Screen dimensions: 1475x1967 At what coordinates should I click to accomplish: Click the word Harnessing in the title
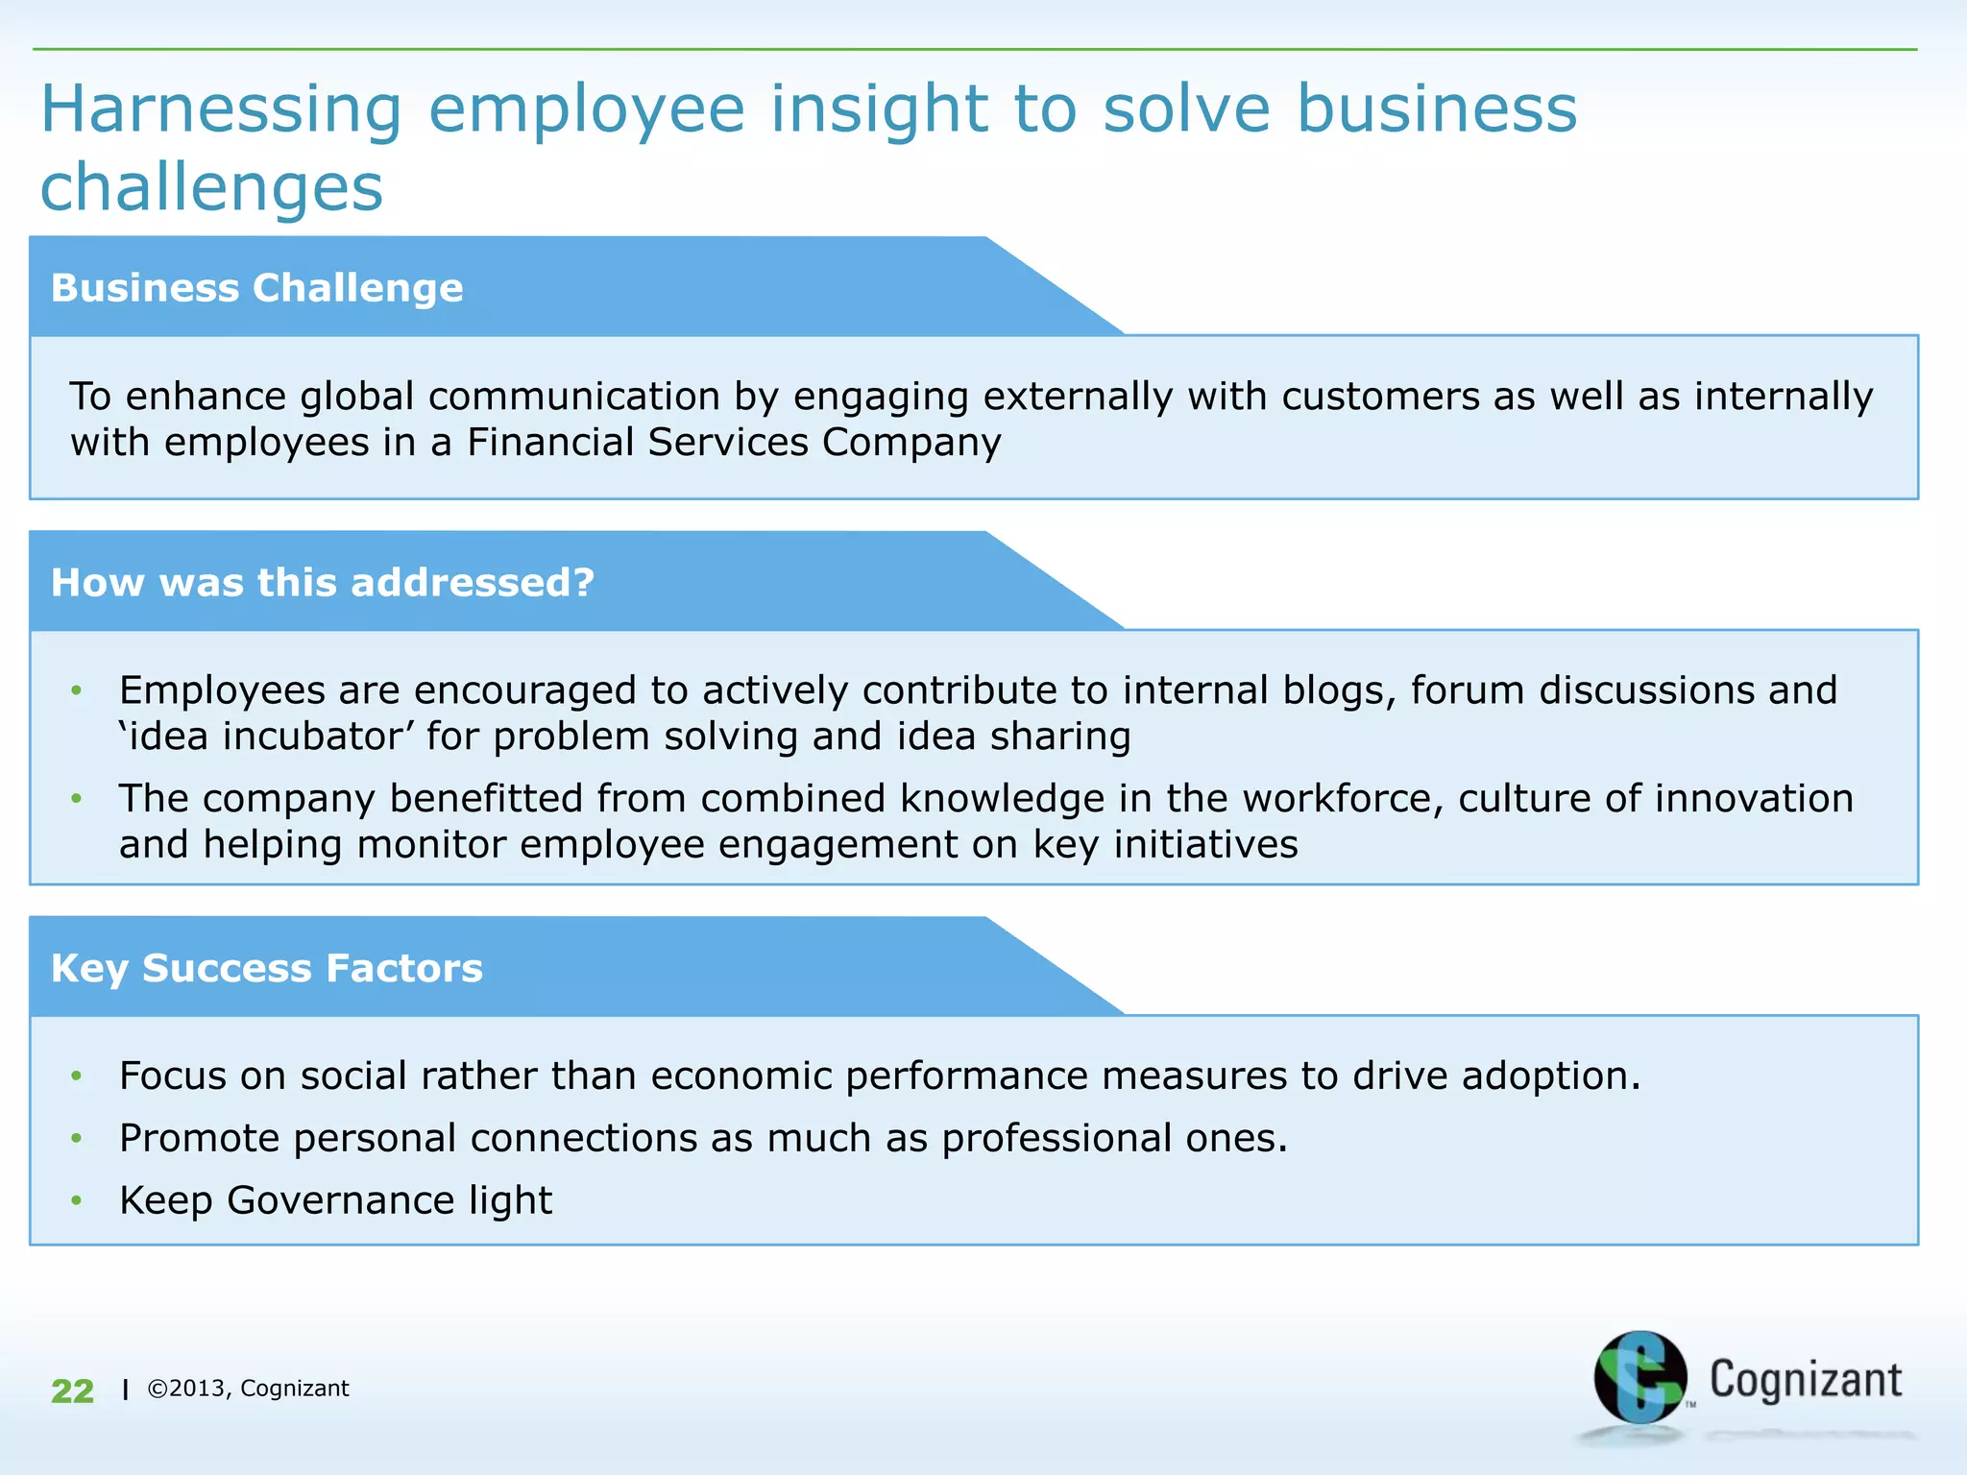pos(221,110)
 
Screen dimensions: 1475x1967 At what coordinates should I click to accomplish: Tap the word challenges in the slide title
pos(211,188)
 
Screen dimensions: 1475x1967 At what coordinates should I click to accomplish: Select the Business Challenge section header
pos(256,288)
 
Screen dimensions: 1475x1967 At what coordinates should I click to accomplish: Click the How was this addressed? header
pos(323,583)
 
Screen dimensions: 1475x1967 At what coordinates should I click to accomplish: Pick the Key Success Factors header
pos(266,968)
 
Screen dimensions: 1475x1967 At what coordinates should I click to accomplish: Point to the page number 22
pos(72,1390)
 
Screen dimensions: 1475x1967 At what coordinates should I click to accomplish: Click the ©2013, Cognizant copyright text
pos(248,1389)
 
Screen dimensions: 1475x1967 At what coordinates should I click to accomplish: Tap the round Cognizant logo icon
pos(1639,1377)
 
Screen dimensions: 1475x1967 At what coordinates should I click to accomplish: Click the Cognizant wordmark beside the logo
pos(1805,1380)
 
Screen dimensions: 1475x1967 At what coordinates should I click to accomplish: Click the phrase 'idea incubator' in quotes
pos(266,737)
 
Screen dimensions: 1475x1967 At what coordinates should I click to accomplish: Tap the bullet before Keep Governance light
pos(77,1200)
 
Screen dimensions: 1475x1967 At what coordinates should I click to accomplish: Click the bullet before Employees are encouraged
pos(77,690)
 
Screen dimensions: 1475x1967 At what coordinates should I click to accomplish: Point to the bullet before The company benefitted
pos(77,799)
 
